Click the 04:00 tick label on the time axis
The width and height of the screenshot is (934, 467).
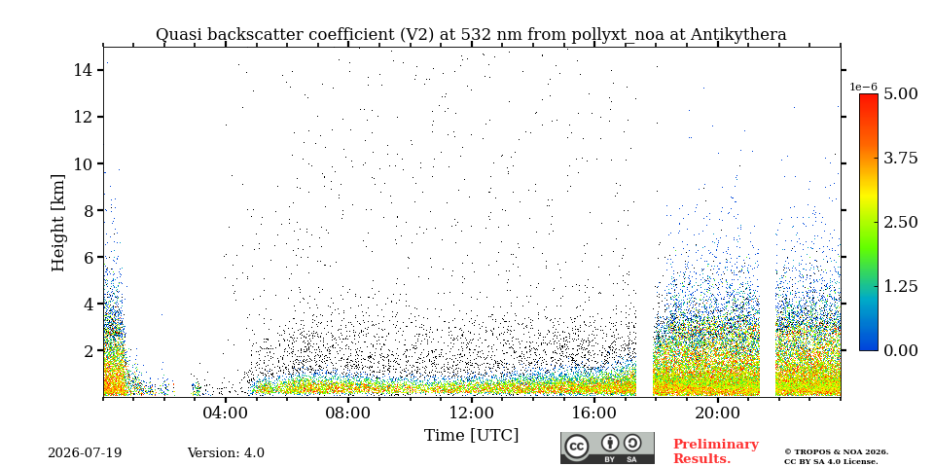point(226,413)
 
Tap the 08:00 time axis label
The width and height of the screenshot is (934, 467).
point(348,413)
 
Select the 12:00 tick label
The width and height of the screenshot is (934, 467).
point(471,413)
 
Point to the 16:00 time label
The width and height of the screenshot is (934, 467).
point(594,413)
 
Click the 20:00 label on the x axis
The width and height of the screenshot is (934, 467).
point(717,413)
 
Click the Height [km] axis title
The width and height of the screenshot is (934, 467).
point(57,223)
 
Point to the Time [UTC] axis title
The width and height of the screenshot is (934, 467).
point(471,436)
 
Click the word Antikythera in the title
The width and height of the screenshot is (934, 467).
point(738,35)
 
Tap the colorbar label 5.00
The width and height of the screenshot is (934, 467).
point(901,94)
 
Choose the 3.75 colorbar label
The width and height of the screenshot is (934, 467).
point(901,159)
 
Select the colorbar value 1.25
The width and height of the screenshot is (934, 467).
point(901,286)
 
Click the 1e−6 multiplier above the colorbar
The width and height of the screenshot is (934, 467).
point(863,87)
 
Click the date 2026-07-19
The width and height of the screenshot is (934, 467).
point(85,453)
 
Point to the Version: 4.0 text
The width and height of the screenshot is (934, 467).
point(226,453)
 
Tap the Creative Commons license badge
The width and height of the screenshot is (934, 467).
point(607,448)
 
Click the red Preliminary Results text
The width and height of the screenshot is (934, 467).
point(716,451)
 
